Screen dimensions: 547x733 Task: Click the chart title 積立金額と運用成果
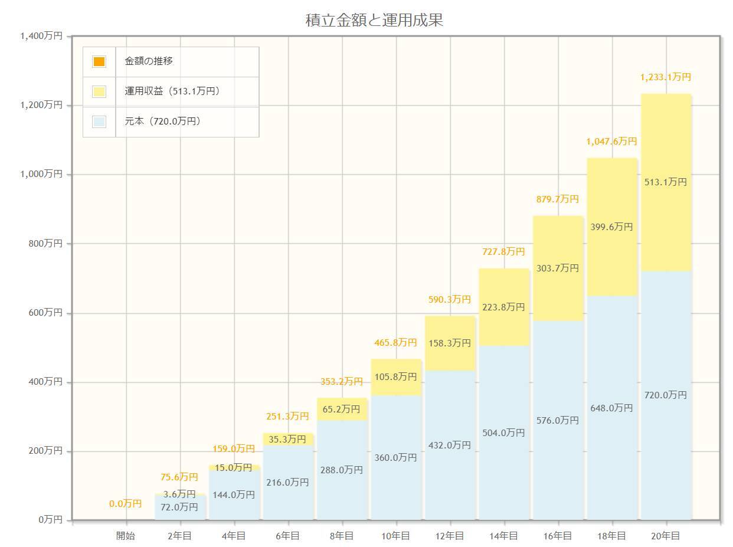click(374, 21)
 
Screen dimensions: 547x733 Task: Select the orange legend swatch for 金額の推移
click(99, 61)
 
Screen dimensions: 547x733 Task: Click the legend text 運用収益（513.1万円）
click(172, 91)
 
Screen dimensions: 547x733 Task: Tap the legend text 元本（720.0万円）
click(163, 122)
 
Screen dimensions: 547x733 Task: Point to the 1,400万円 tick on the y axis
click(41, 36)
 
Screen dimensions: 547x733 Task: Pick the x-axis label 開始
click(126, 536)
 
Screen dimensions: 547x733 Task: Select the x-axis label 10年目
click(395, 536)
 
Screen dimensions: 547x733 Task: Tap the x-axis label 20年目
click(666, 536)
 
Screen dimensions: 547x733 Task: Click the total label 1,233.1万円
click(666, 77)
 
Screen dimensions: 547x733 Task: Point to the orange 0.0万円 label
click(126, 504)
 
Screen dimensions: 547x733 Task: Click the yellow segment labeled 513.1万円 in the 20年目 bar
click(666, 182)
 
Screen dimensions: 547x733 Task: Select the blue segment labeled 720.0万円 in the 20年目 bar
click(666, 395)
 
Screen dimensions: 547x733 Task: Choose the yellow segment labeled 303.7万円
click(558, 268)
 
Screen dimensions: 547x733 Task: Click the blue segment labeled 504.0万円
click(503, 433)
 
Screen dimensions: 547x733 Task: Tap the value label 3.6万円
click(179, 494)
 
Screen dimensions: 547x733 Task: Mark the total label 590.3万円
click(450, 300)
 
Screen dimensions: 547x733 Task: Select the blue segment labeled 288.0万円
click(342, 470)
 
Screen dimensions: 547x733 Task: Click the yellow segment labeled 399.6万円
click(611, 227)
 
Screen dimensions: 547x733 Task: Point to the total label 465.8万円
click(395, 343)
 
